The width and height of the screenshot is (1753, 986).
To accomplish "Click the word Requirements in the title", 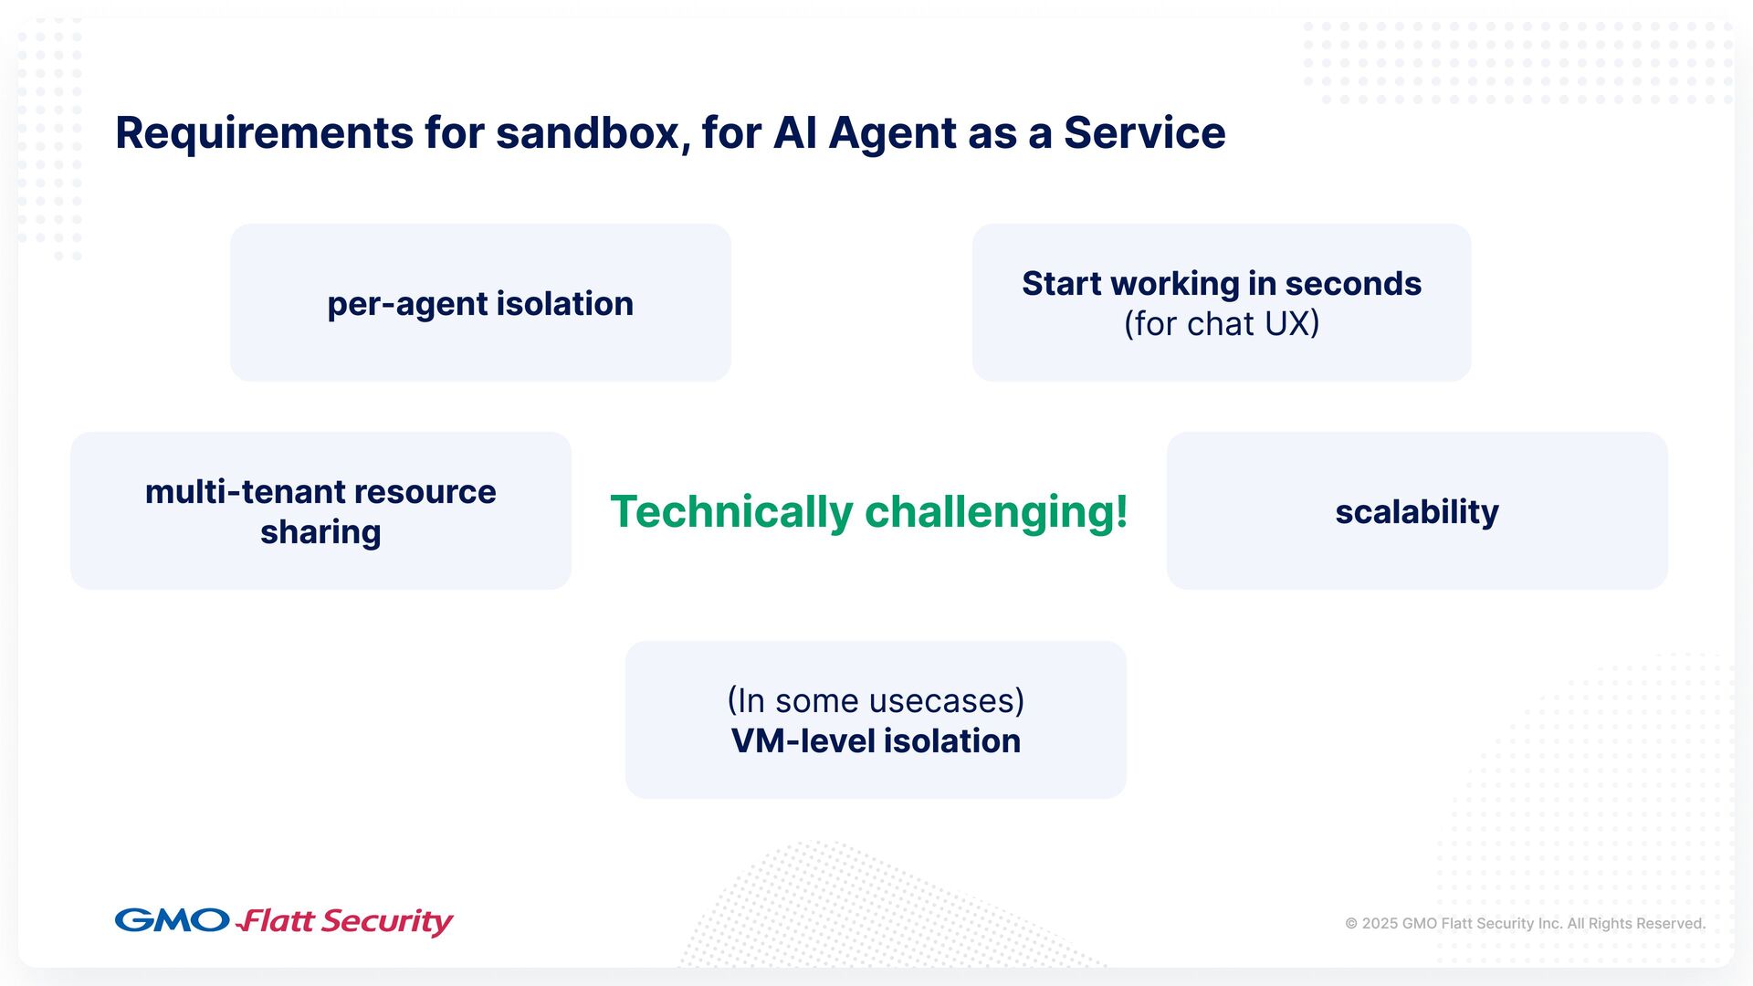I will (264, 133).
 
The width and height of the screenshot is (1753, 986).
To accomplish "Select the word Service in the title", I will (1144, 133).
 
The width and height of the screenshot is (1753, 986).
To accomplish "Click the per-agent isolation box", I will (480, 303).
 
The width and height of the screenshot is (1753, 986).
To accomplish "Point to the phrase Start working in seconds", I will (1221, 284).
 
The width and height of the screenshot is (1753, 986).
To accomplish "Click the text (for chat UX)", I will (1221, 324).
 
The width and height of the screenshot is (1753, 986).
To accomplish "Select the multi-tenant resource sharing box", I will (320, 511).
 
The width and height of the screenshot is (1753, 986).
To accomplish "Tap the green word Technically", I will (730, 511).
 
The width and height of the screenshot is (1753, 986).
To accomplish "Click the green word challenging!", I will (996, 511).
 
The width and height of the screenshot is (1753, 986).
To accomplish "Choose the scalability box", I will (1416, 511).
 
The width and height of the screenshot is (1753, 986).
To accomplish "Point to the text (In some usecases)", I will (876, 701).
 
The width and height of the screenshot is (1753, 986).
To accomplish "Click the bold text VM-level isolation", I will (876, 741).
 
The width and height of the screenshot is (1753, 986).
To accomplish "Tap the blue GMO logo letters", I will (172, 920).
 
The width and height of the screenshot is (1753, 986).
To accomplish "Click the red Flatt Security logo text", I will (345, 921).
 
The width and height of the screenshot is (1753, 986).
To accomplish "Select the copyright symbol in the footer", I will (1351, 924).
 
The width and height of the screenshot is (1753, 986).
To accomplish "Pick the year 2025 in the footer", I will (1380, 924).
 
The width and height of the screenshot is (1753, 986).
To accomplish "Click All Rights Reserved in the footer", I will (1636, 924).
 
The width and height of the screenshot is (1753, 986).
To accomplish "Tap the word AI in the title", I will (794, 133).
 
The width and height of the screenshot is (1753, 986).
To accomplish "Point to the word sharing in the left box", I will (320, 532).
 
